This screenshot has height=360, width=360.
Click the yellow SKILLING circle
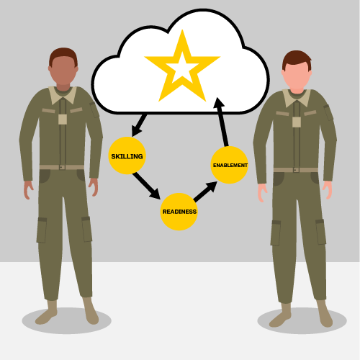(127, 156)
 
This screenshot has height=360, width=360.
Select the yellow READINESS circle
(179, 212)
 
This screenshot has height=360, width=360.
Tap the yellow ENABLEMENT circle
(229, 165)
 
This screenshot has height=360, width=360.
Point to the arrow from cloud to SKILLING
(139, 125)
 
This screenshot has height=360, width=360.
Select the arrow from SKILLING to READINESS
(146, 186)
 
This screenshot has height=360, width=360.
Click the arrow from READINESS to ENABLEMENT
(205, 192)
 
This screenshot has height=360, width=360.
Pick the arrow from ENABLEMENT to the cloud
(222, 122)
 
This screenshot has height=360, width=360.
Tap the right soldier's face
(297, 75)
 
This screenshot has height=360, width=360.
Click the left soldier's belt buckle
(62, 167)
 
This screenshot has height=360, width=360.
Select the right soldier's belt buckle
(296, 170)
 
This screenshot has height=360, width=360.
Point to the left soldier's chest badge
(63, 120)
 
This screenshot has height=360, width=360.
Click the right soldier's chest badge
(297, 122)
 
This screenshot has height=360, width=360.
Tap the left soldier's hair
(63, 56)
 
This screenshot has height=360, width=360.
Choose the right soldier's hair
(297, 60)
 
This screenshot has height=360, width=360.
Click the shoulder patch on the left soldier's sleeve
(94, 110)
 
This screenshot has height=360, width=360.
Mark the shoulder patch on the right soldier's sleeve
(328, 112)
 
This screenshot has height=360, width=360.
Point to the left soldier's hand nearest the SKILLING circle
(94, 187)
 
